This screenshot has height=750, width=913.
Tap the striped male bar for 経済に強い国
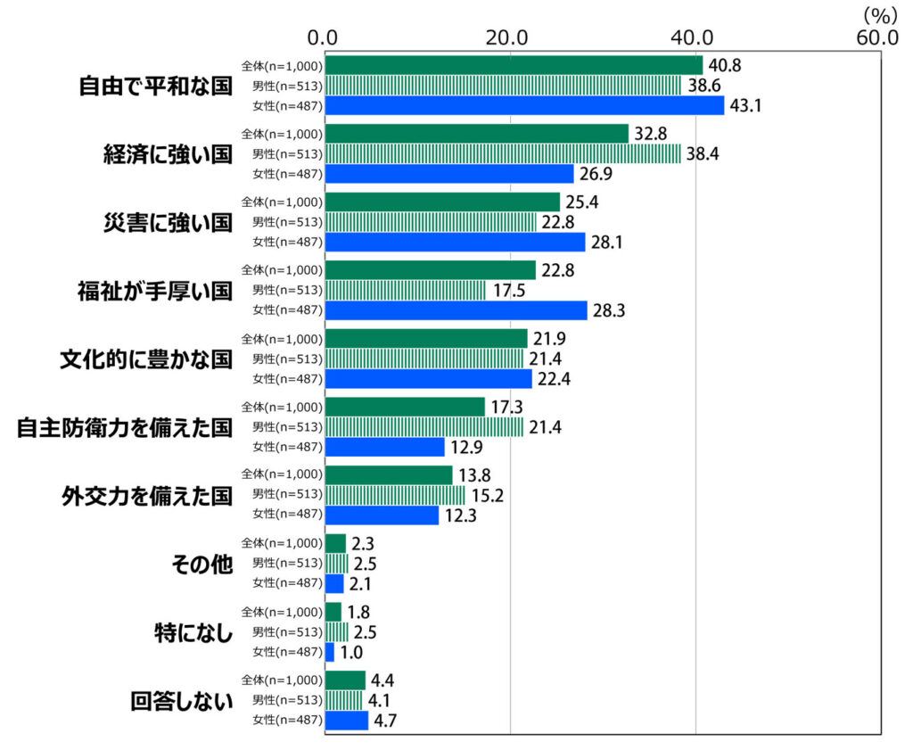[502, 153]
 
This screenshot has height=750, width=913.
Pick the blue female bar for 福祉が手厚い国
[456, 310]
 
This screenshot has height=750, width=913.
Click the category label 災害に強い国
[168, 222]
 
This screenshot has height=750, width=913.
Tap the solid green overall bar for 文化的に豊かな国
[425, 339]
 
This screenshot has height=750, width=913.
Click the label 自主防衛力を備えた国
[125, 427]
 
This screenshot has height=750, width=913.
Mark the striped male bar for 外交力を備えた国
[394, 495]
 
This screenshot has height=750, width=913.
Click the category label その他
[201, 564]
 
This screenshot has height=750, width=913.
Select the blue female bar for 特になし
[330, 652]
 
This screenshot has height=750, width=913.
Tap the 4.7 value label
[387, 721]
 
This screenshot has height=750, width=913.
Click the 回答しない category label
[181, 700]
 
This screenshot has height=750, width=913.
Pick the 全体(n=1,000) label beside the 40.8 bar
[281, 65]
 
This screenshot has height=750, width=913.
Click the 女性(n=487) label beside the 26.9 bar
[287, 174]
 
